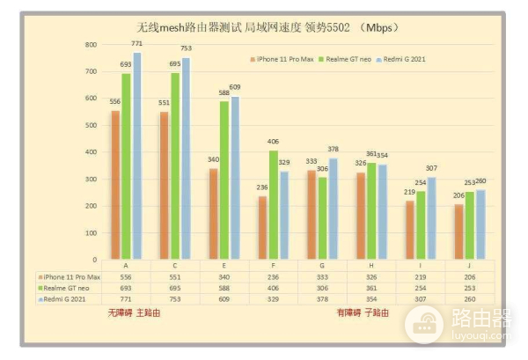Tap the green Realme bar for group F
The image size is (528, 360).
pos(274,205)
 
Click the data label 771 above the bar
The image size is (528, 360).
pos(136,43)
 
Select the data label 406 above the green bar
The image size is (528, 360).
pos(274,142)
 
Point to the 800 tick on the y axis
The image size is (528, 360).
pos(92,44)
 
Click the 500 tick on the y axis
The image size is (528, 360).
pos(92,125)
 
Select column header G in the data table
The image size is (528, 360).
pos(319,265)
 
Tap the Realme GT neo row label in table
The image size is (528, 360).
pos(69,288)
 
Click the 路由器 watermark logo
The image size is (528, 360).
pos(458,323)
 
